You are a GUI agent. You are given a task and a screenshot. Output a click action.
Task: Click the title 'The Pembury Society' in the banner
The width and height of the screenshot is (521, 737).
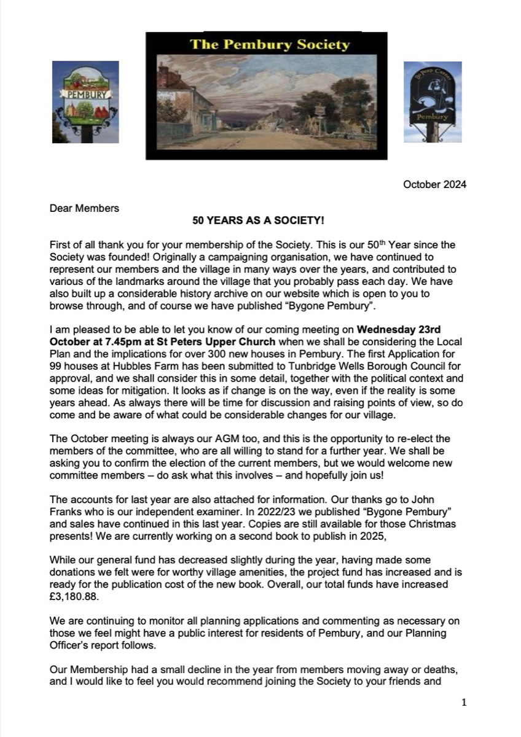click(270, 45)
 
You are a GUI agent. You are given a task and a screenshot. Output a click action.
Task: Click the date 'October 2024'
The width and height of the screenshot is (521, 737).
click(434, 185)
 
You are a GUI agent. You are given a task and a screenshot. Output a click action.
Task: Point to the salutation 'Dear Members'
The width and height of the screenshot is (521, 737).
click(84, 208)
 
